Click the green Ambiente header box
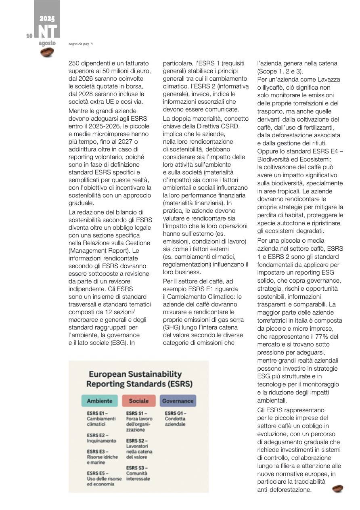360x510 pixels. click(x=99, y=401)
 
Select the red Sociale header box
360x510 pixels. click(x=138, y=401)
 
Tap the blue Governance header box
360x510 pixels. click(x=178, y=401)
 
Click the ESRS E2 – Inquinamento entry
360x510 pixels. click(x=101, y=438)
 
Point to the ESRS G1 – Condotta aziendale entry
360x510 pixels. click(x=176, y=419)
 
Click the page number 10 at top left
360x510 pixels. click(x=29, y=36)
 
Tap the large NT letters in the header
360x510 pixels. click(x=47, y=31)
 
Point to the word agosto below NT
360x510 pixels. click(x=47, y=43)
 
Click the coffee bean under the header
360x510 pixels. click(x=47, y=52)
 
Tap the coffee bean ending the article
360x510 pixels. click(x=337, y=489)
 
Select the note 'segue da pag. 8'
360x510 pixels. click(x=81, y=44)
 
